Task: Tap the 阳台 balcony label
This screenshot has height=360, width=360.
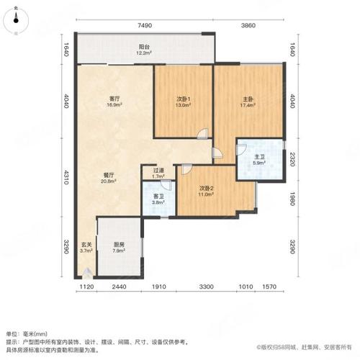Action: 143,50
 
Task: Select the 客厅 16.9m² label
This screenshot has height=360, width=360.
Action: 114,102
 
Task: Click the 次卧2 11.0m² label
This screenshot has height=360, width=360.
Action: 208,192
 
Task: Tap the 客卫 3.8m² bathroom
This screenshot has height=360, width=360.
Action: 158,199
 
